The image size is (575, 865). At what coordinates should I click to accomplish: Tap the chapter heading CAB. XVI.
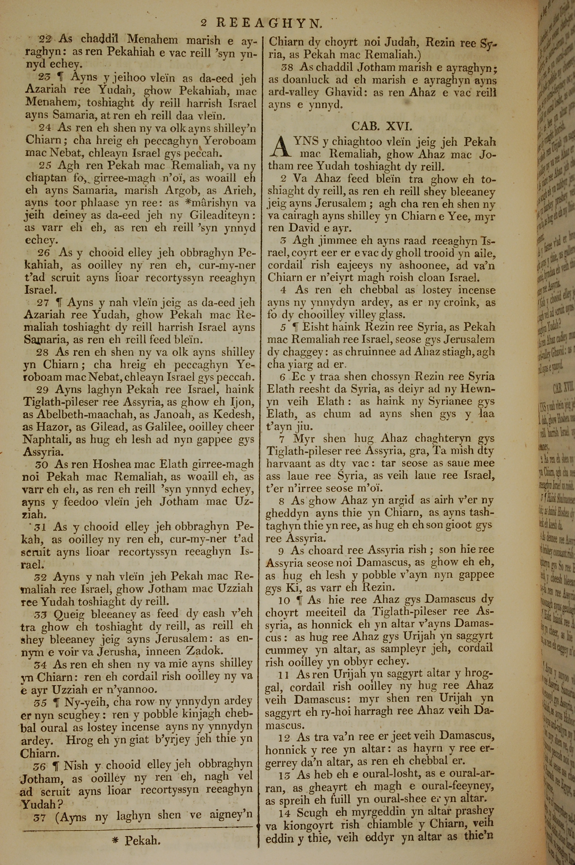click(x=382, y=127)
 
